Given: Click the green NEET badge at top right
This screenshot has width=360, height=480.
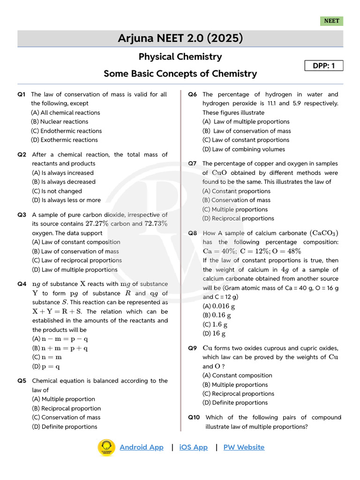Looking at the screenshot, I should (331, 21).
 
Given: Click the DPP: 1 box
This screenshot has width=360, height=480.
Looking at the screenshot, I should (324, 66).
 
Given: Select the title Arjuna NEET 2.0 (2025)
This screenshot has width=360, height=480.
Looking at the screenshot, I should (180, 38).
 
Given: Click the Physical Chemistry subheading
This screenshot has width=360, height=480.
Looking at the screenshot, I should (180, 57).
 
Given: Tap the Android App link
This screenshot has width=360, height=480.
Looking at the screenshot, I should (142, 447).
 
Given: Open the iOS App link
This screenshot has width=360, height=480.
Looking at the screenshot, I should (193, 447).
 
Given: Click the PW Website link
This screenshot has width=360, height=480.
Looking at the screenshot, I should (244, 447).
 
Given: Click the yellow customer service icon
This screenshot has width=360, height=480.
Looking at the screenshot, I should (106, 447).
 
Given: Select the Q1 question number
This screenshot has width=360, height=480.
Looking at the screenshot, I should (22, 95).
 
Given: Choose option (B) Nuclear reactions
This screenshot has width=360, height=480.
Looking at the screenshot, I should (60, 122).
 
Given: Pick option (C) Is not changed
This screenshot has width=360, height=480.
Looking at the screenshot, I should (57, 191).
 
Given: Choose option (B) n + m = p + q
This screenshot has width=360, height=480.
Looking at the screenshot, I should (60, 348).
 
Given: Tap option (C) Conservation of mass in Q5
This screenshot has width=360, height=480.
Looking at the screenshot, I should (66, 417).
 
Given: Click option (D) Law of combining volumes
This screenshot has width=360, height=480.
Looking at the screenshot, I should (244, 149).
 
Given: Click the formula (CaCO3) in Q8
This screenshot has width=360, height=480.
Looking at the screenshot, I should (324, 233).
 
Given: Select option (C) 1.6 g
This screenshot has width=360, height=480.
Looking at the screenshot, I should (215, 324).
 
